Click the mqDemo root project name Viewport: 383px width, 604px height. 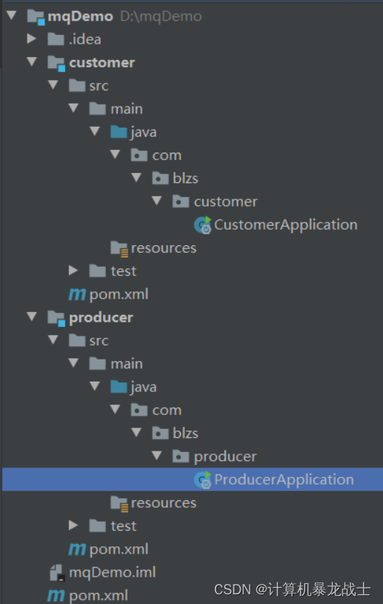[81, 16]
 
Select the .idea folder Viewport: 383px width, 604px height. [84, 39]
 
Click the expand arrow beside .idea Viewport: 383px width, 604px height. [31, 39]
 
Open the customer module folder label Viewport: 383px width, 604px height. [101, 62]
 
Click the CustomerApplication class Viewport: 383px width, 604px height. [285, 224]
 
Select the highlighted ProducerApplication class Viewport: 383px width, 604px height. [284, 479]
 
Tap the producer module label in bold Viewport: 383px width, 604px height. [101, 317]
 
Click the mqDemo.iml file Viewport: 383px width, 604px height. [112, 572]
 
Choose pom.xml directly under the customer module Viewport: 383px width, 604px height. [119, 294]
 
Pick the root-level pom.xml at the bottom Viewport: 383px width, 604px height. [98, 595]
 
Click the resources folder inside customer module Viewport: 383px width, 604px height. [163, 248]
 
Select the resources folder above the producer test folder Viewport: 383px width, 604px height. [163, 502]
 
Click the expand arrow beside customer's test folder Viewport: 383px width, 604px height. [73, 271]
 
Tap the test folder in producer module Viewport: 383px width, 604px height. [123, 525]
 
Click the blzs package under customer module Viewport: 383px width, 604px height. [185, 178]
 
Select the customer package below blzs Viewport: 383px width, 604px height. [225, 201]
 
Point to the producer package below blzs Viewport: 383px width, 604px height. [224, 456]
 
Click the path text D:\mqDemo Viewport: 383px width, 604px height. [161, 16]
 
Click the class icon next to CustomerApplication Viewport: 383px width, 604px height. [202, 225]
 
